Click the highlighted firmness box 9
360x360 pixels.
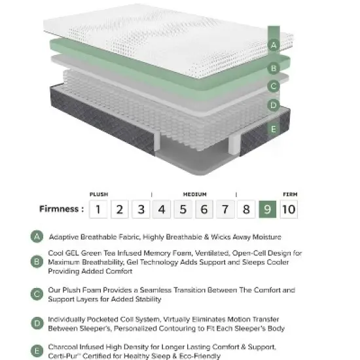(267, 209)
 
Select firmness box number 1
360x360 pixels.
(98, 209)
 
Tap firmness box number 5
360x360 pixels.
(183, 209)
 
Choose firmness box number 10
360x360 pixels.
(289, 209)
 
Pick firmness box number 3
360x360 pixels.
(140, 209)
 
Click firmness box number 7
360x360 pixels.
(225, 209)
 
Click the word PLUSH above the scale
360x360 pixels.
(99, 194)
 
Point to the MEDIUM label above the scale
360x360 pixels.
(195, 194)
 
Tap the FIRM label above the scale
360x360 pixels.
(289, 194)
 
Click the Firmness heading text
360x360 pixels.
(60, 209)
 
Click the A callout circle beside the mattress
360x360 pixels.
(274, 45)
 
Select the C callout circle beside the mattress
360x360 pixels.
(274, 86)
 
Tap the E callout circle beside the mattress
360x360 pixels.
(274, 129)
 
